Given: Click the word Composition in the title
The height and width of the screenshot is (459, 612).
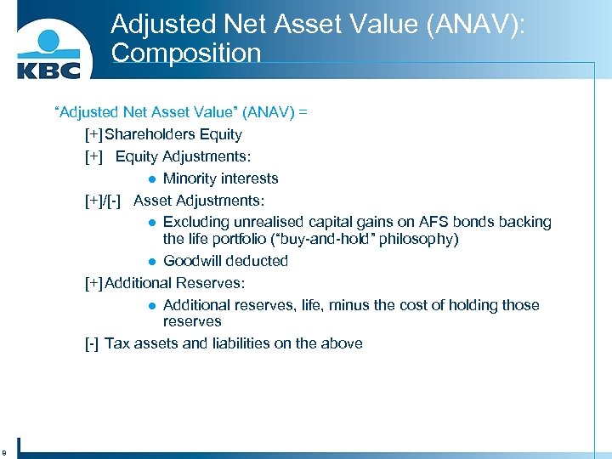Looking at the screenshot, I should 185,53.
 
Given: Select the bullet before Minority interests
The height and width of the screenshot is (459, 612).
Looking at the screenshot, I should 150,178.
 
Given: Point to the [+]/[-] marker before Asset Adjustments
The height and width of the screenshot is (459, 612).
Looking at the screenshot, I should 106,201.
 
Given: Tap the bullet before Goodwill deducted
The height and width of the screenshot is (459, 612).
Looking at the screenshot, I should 150,261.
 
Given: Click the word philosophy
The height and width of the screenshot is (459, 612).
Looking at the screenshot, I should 418,239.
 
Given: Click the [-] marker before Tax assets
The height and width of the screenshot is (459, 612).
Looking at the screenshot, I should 92,343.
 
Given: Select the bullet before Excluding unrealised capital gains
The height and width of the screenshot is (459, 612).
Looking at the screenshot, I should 150,223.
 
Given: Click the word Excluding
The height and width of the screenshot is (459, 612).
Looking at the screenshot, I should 196,222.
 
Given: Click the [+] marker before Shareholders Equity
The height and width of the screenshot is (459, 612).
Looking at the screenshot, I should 93,134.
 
